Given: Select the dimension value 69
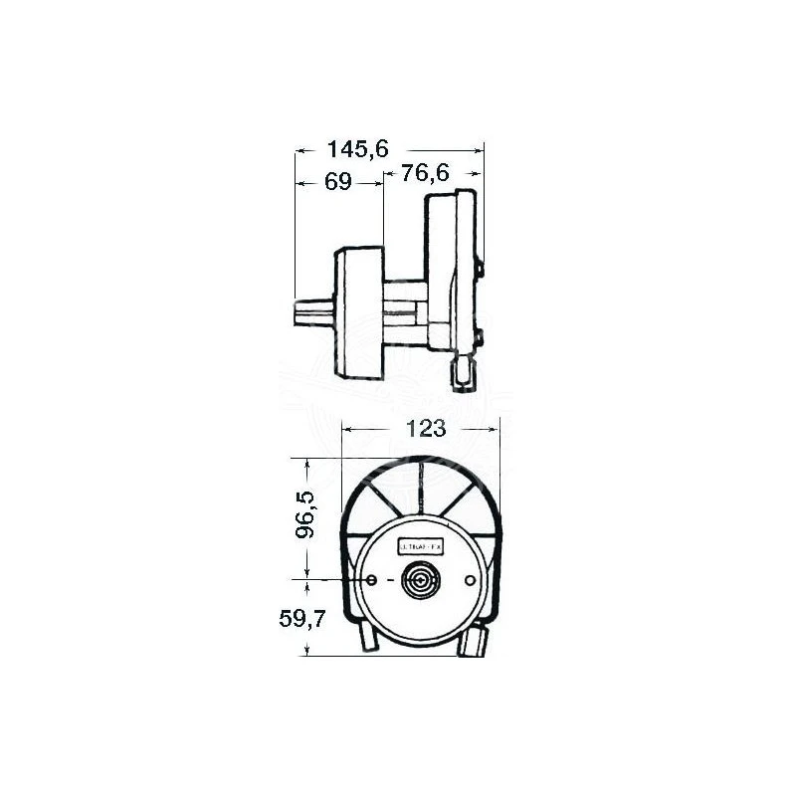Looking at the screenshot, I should pyautogui.click(x=339, y=183).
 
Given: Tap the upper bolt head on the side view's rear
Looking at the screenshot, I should pyautogui.click(x=481, y=268).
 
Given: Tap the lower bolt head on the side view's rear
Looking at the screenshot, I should pyautogui.click(x=480, y=339).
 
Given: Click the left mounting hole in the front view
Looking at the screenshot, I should pyautogui.click(x=371, y=580).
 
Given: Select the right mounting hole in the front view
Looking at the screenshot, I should pyautogui.click(x=471, y=580).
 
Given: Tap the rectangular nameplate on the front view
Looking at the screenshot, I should pyautogui.click(x=421, y=546).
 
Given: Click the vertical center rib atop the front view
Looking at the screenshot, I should pyautogui.click(x=421, y=488).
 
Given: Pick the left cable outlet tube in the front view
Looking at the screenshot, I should pyautogui.click(x=368, y=636).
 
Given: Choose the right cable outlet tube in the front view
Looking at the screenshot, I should pyautogui.click(x=475, y=639).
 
